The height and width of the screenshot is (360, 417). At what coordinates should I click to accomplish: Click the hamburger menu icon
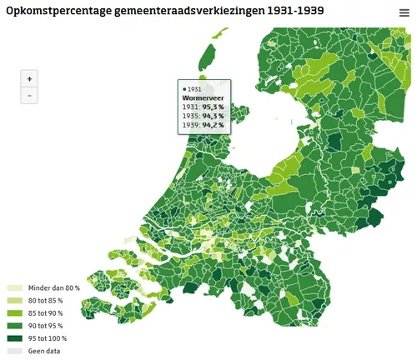pos(404,13)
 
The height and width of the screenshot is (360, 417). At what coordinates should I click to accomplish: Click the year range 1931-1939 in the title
pos(296,10)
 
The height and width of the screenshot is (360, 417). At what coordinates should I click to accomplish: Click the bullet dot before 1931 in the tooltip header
pos(183,88)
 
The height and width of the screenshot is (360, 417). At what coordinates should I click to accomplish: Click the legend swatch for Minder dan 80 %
pos(15,288)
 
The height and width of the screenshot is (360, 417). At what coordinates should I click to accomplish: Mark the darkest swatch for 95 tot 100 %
pos(15,338)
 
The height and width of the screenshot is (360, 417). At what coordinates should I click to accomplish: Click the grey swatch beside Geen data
pos(15,351)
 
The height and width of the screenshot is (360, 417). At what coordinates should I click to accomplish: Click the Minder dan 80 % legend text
pos(54,288)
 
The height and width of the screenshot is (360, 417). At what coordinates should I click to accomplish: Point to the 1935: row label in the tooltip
pos(190,116)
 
